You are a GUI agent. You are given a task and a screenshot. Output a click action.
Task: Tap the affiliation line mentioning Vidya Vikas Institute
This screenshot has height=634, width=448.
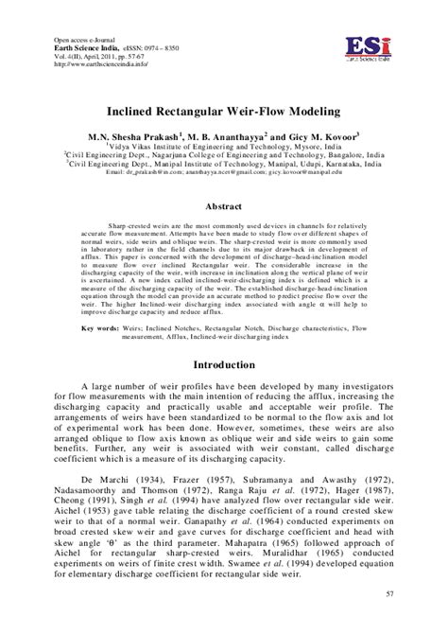(223, 147)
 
